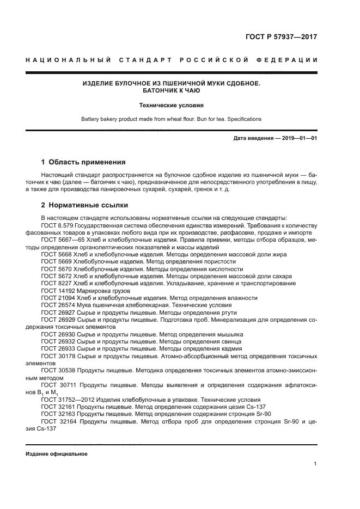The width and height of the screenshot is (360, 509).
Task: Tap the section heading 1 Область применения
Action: (x=84, y=162)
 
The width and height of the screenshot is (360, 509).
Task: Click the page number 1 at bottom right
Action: (x=315, y=464)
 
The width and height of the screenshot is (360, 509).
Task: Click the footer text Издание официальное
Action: (x=56, y=453)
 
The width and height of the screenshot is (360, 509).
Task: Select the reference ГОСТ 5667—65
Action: (x=60, y=240)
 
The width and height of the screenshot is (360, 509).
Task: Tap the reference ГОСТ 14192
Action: (x=57, y=291)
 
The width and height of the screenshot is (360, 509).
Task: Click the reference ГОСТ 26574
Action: (x=57, y=305)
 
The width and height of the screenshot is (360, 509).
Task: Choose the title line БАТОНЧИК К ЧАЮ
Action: (x=171, y=91)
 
